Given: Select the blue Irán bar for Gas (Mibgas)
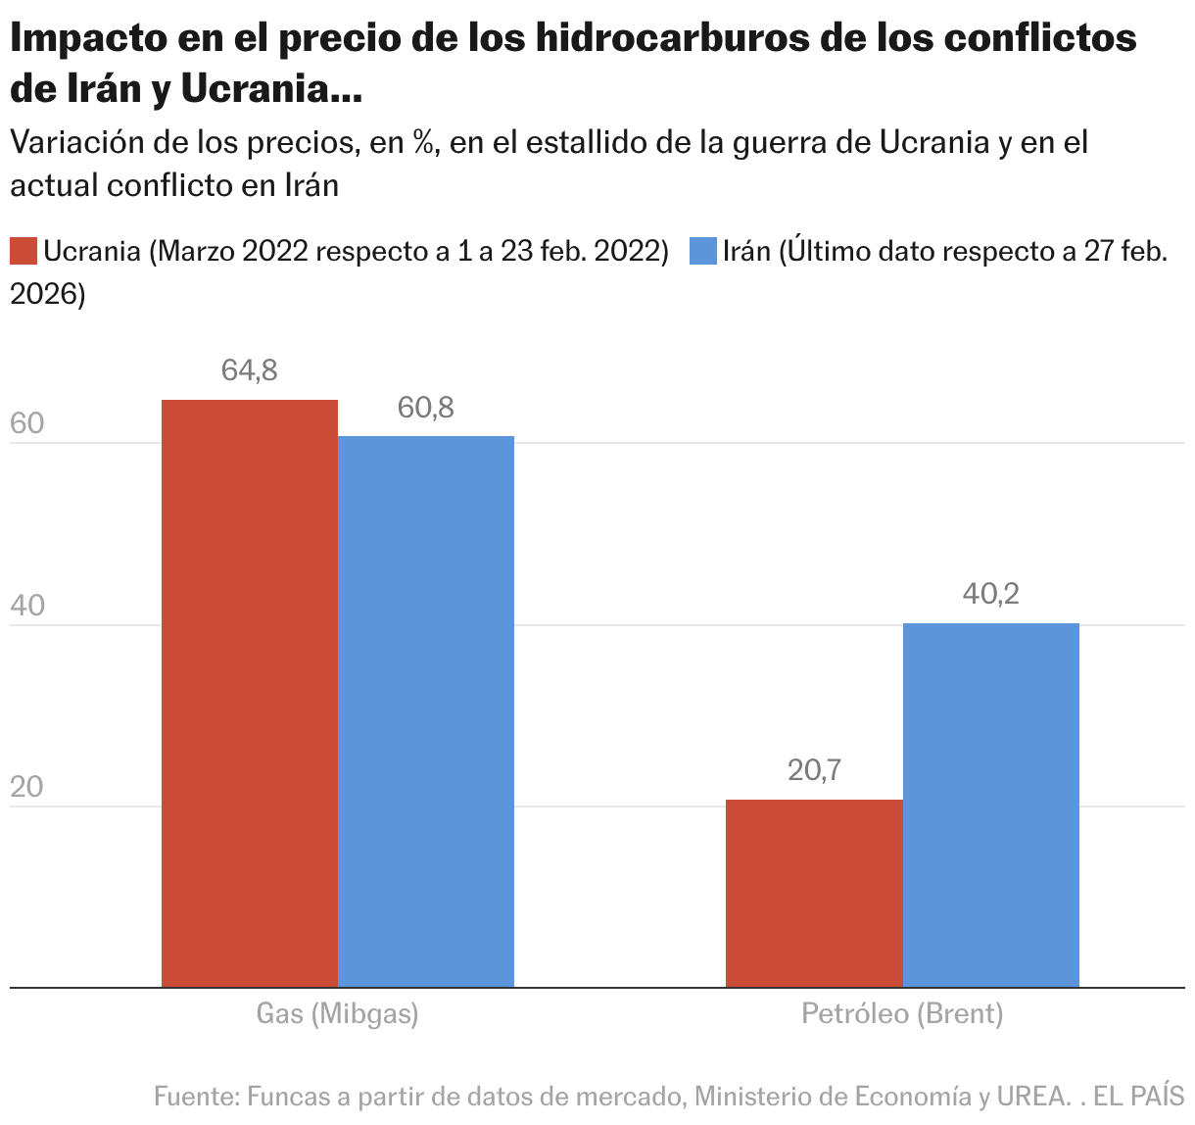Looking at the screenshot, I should (426, 711).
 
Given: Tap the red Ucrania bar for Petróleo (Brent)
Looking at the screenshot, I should (814, 893).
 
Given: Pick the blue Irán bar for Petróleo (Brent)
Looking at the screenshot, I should (990, 805).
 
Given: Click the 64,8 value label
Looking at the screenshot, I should (250, 370).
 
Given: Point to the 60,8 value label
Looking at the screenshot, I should (426, 408).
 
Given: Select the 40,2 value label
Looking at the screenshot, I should (990, 594).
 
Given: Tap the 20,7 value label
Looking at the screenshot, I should (814, 771).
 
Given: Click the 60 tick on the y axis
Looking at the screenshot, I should (27, 424).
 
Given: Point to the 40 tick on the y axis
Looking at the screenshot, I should (27, 606).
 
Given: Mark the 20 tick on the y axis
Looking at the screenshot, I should (27, 787).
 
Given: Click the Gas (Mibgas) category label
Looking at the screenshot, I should (337, 1013).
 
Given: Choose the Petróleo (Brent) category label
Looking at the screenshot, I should (902, 1013).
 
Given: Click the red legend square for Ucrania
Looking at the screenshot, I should (24, 251).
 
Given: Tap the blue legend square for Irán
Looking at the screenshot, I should (703, 251).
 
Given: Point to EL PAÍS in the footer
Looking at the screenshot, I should (1139, 1096).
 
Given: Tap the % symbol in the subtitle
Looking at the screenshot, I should (422, 143).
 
